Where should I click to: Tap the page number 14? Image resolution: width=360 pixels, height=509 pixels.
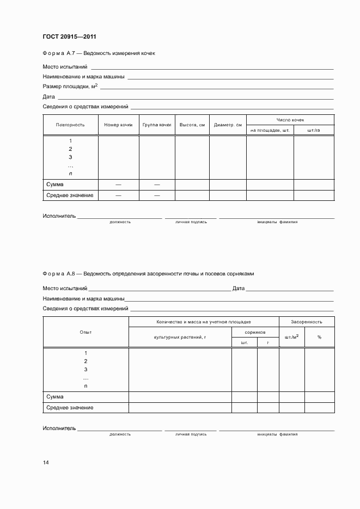(x=46, y=463)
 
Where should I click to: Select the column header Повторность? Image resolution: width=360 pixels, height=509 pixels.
(x=70, y=125)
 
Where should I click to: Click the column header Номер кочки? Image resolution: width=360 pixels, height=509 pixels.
(x=118, y=125)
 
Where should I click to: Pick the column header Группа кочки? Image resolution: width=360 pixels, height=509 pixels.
(x=157, y=125)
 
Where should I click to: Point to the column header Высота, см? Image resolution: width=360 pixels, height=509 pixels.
(x=192, y=125)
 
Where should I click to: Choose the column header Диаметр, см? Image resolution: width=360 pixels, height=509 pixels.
(x=228, y=125)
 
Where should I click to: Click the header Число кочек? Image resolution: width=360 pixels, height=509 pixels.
(x=290, y=119)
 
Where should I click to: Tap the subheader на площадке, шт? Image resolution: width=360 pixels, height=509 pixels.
(x=270, y=130)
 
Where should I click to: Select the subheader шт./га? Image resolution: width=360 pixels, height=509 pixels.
(x=314, y=130)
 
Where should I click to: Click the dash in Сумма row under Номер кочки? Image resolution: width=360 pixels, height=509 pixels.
(x=118, y=185)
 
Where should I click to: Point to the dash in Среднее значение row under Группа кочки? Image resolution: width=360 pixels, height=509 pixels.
(x=157, y=195)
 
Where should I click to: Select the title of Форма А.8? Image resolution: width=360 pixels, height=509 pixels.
(x=148, y=274)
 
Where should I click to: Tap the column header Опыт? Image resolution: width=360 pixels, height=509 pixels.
(x=86, y=332)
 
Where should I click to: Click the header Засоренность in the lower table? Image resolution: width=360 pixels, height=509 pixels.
(x=306, y=322)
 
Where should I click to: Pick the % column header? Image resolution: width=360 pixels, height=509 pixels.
(x=319, y=337)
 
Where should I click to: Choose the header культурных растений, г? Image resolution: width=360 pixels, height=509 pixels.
(x=180, y=337)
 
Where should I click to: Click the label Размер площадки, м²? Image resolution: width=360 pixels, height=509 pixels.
(x=70, y=87)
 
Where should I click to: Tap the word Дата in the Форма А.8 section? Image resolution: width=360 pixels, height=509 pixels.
(x=238, y=289)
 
